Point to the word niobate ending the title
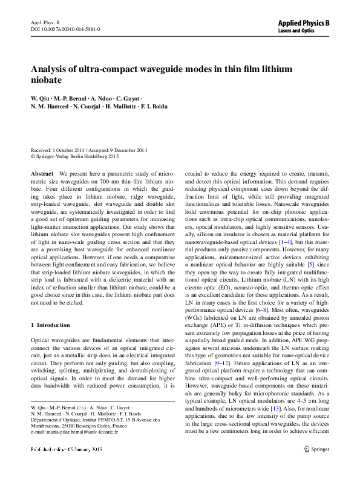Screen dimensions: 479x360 point(46,79)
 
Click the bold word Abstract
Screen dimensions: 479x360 point(42,173)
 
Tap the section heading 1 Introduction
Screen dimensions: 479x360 point(50,325)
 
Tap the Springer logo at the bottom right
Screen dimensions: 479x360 point(315,466)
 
